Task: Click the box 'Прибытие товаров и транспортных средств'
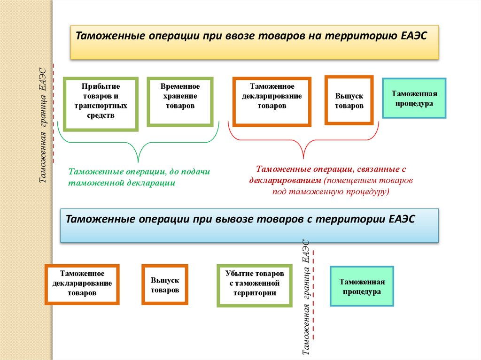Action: tap(101, 104)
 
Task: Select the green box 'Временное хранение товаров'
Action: tap(180, 102)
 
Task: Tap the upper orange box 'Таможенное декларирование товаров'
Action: tap(272, 102)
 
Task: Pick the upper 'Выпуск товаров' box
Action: tap(349, 100)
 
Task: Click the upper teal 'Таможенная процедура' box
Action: tap(414, 98)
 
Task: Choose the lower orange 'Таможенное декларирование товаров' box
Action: tap(82, 284)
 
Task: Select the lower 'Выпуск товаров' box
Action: tap(165, 284)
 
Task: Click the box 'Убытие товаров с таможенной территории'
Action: tap(254, 285)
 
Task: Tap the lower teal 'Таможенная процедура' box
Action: tap(362, 286)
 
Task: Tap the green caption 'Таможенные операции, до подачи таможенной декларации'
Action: tap(139, 177)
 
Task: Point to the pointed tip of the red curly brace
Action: tap(304, 158)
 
